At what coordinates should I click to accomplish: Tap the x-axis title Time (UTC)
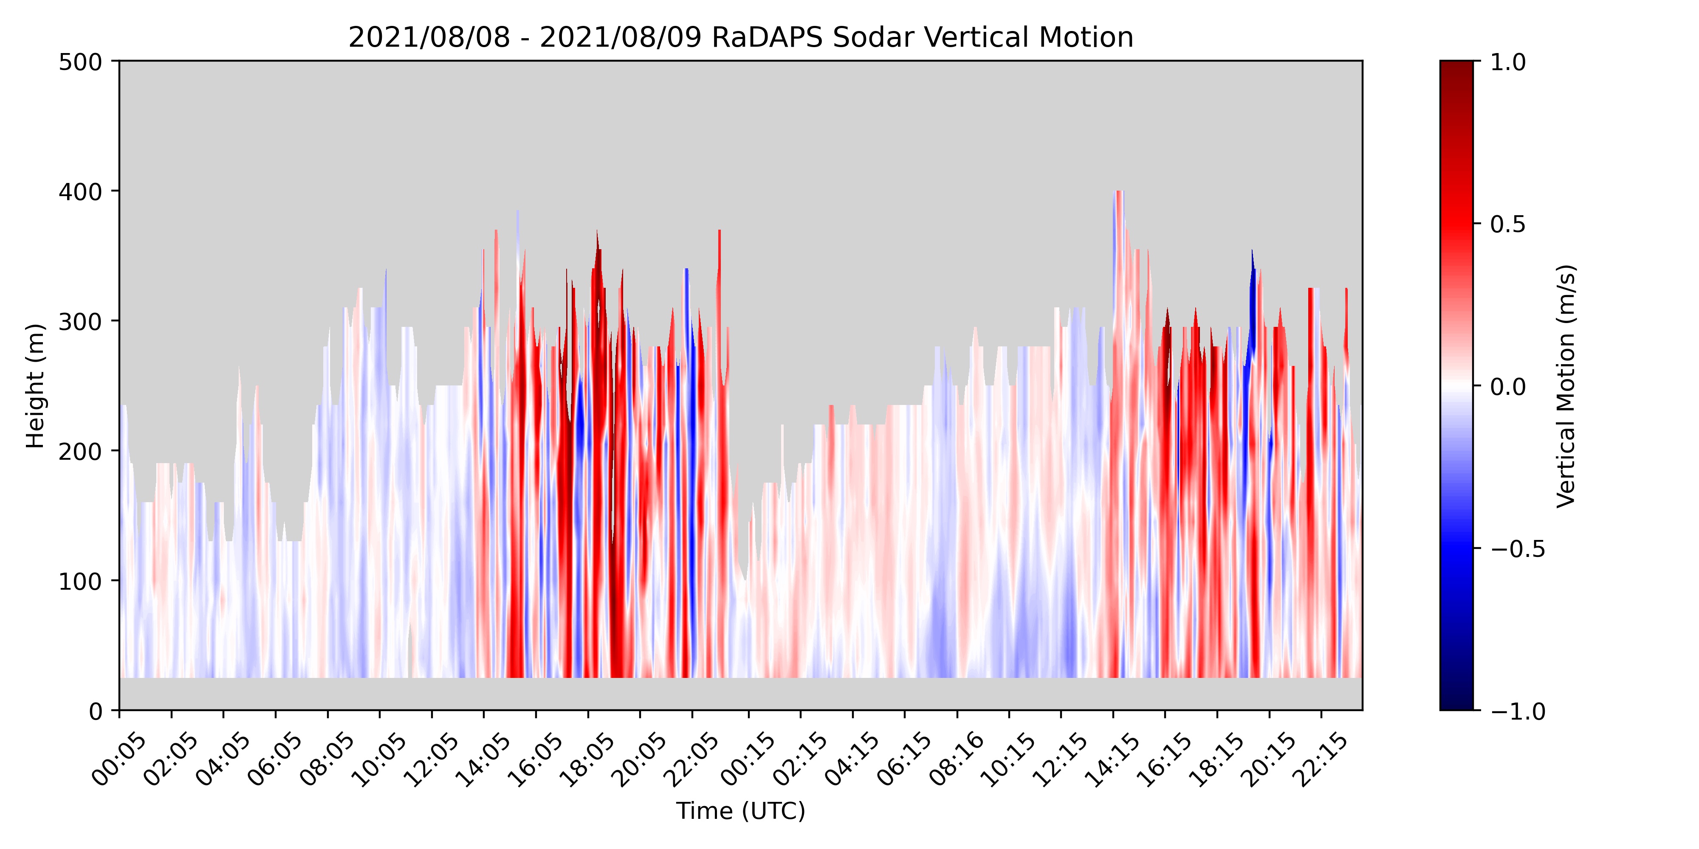tap(741, 811)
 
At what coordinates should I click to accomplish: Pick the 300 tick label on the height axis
tap(80, 322)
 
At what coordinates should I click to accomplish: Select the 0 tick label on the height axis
tap(96, 711)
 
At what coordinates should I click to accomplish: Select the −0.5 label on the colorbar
tap(1517, 549)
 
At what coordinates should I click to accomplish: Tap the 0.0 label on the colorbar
tap(1508, 386)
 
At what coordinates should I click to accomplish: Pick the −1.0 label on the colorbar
tap(1517, 711)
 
